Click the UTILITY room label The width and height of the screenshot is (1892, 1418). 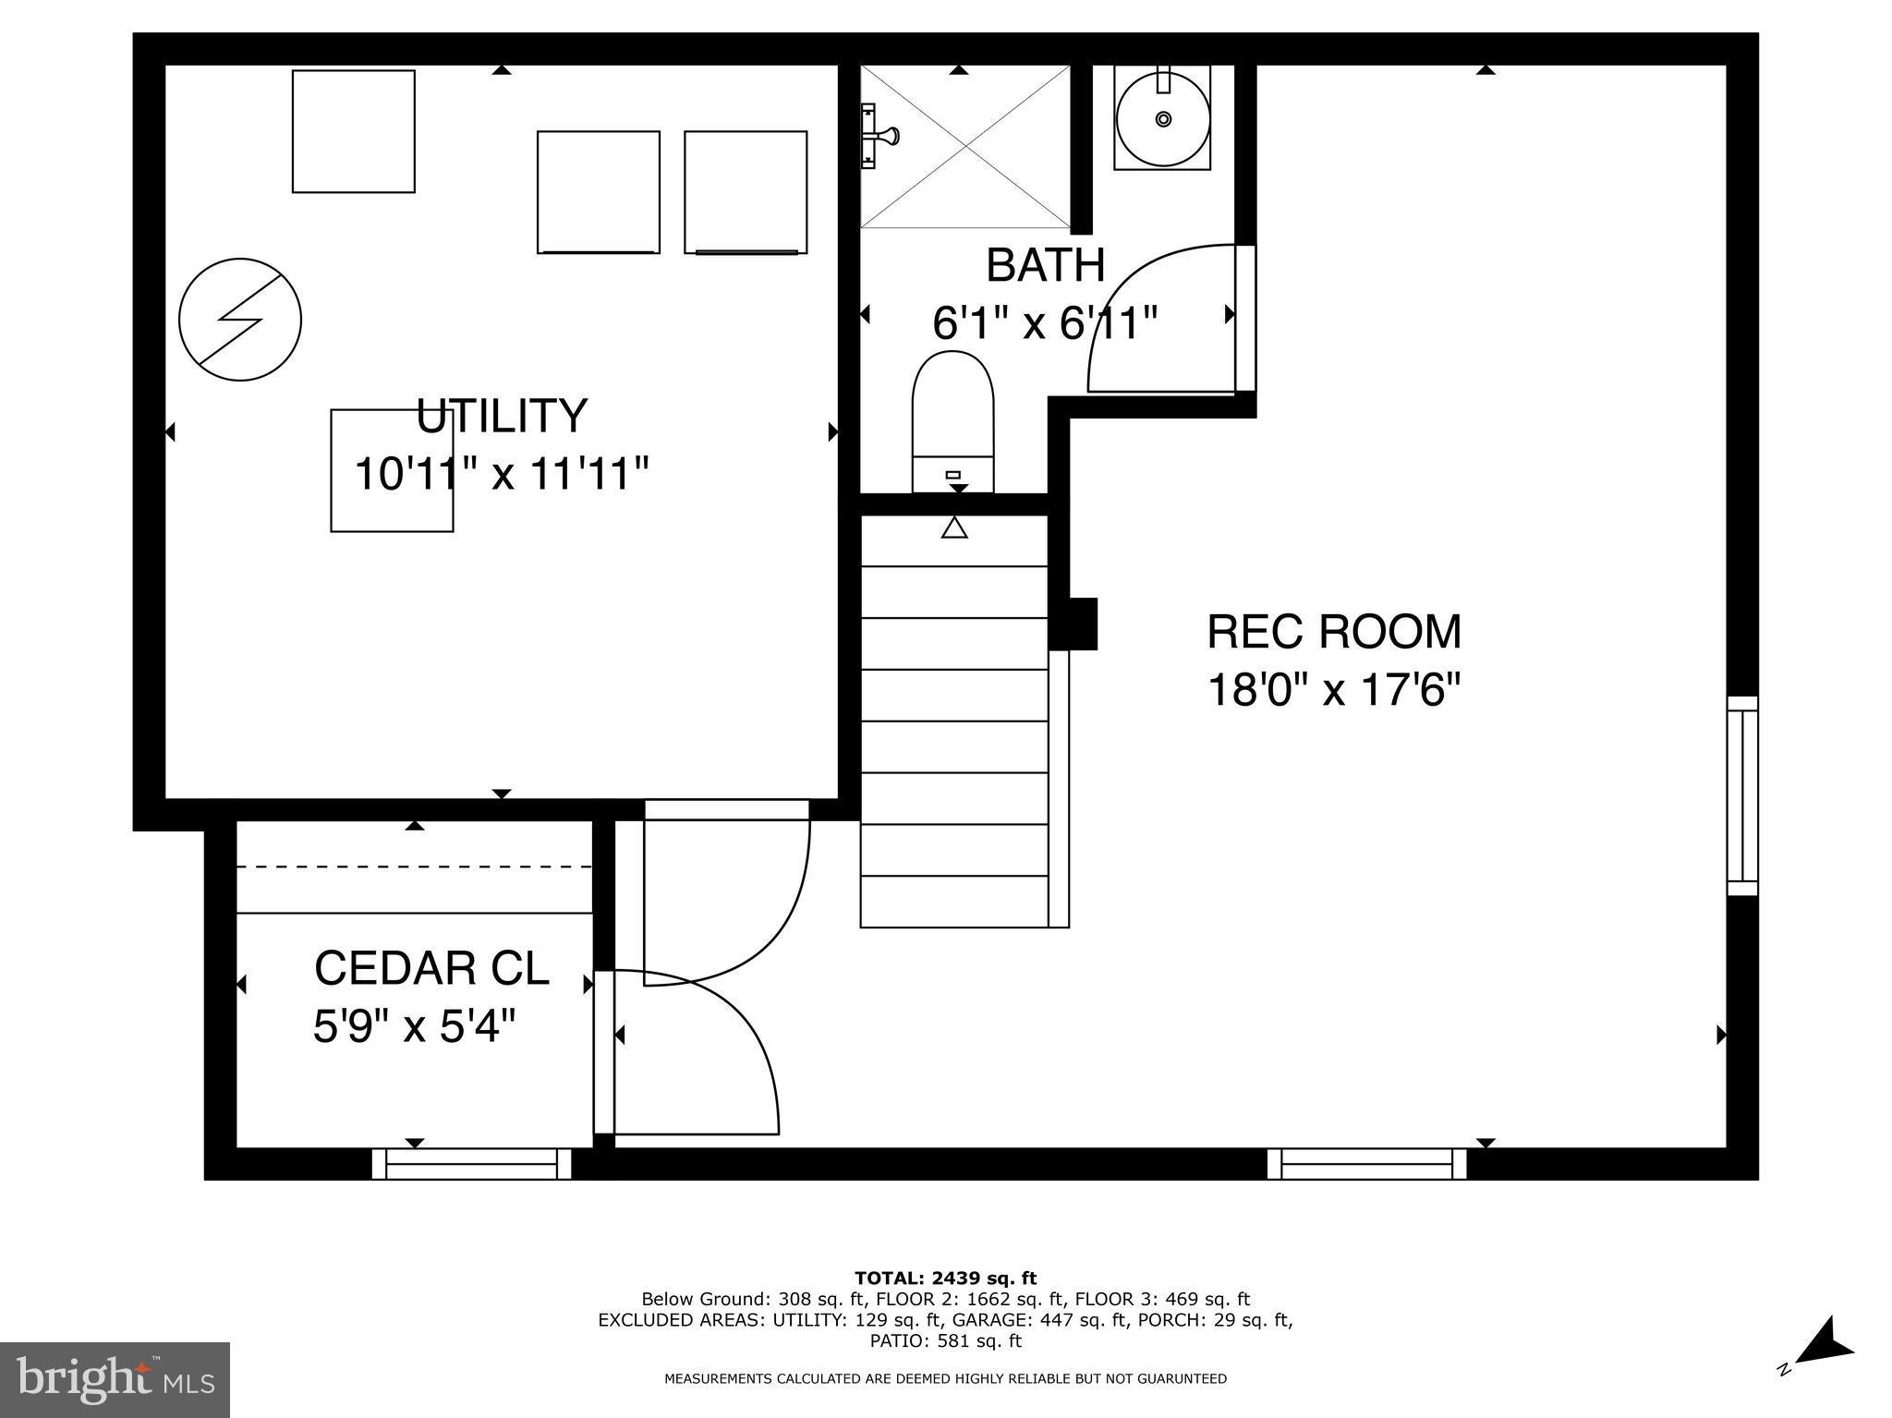click(502, 416)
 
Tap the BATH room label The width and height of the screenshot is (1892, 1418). click(1045, 266)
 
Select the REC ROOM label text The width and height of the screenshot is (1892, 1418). click(1334, 633)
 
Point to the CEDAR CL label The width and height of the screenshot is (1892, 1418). click(431, 968)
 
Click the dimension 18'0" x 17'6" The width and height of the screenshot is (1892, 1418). click(1334, 690)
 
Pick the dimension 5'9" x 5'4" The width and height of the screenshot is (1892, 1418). click(413, 1026)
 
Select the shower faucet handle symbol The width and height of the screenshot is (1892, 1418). click(878, 137)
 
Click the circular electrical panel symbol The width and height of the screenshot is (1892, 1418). click(240, 320)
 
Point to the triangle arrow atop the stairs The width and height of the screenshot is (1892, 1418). click(954, 528)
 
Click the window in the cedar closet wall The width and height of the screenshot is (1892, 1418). click(471, 1164)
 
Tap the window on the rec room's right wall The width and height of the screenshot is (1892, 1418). click(1742, 795)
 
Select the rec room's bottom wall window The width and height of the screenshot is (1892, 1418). click(1366, 1164)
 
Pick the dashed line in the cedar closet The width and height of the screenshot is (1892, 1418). click(414, 867)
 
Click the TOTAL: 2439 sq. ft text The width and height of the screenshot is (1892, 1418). click(945, 1279)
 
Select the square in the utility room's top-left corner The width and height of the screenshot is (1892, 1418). click(353, 131)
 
